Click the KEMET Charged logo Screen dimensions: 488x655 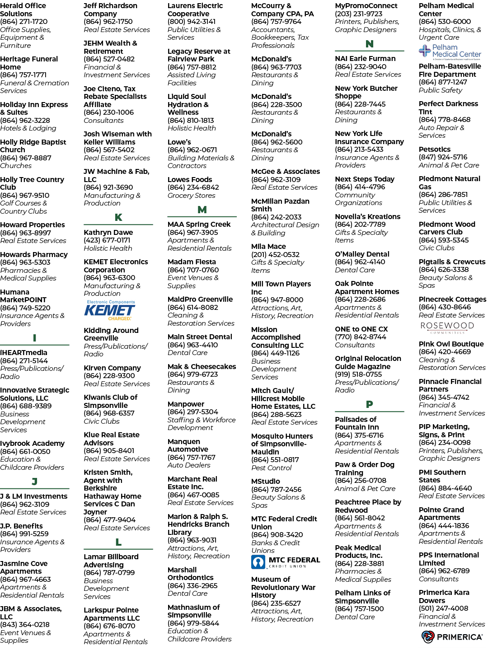pyautogui.click(x=110, y=310)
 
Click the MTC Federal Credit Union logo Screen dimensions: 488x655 pyautogui.click(x=286, y=562)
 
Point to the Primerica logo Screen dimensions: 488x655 pyautogui.click(x=452, y=637)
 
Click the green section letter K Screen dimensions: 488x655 pyautogui.click(x=118, y=217)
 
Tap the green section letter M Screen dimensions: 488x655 pyautogui.click(x=202, y=210)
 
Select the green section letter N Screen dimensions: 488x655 pyautogui.click(x=370, y=44)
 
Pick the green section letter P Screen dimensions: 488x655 pyautogui.click(x=370, y=404)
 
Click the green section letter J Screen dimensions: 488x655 pyautogui.click(x=34, y=482)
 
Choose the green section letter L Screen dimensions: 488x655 pyautogui.click(x=118, y=542)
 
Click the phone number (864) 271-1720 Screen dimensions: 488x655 pyautogui.click(x=23, y=22)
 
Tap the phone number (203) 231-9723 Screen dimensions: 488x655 pyautogui.click(x=358, y=14)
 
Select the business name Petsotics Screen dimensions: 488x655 pyautogui.click(x=435, y=149)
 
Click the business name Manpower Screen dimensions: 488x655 pyautogui.click(x=186, y=404)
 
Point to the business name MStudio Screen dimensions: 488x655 pyautogui.click(x=266, y=482)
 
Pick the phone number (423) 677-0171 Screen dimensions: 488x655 pyautogui.click(x=107, y=240)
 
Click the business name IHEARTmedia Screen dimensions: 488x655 pyautogui.click(x=23, y=353)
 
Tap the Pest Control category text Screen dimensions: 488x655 pyautogui.click(x=271, y=468)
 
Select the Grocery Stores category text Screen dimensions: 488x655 pyautogui.click(x=192, y=196)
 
